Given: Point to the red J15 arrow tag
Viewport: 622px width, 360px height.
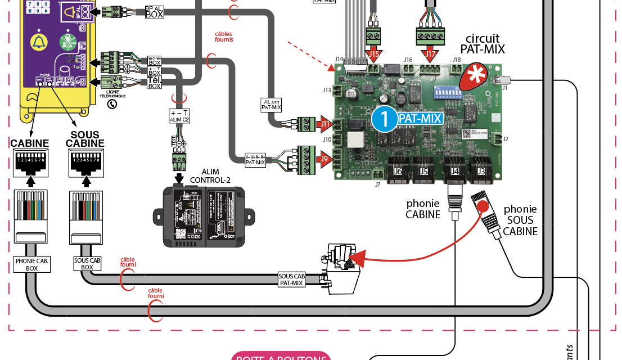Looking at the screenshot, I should tap(375, 55).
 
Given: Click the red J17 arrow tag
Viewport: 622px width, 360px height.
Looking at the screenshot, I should tap(431, 55).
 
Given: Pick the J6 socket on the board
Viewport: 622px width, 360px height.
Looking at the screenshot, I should tap(398, 171).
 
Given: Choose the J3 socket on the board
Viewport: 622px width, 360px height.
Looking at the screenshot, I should tap(481, 171).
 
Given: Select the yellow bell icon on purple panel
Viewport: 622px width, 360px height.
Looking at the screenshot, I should tap(38, 42).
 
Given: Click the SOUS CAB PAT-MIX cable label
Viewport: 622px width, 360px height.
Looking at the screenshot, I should tap(291, 279).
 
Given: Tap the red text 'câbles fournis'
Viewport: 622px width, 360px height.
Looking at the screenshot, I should tap(224, 37).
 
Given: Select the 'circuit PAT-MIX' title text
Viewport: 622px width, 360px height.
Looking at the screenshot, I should tap(483, 43).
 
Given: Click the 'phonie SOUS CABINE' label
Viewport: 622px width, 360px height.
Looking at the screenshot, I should tap(520, 220).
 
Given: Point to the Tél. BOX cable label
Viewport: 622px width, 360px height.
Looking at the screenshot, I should tap(154, 82).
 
